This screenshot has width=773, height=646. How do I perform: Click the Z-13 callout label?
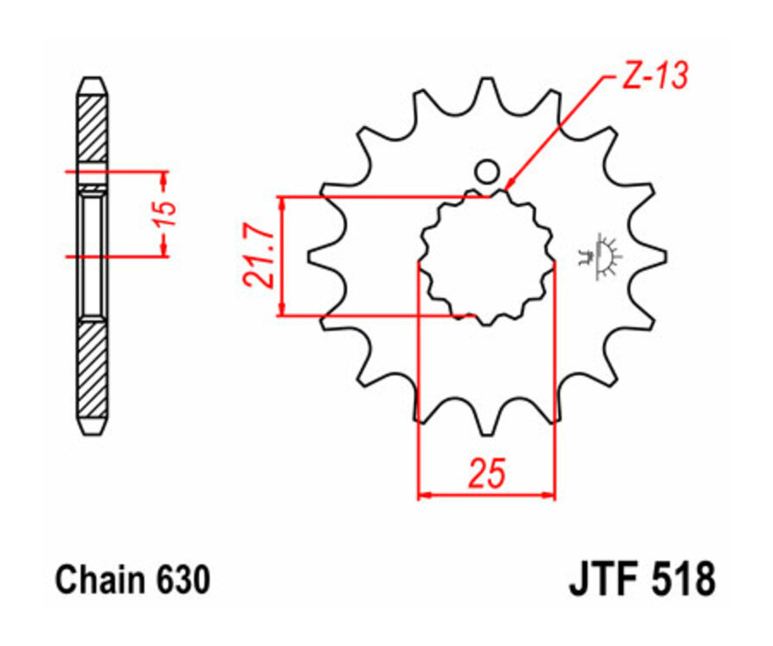click(653, 78)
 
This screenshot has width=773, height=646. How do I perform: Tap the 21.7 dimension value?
click(257, 256)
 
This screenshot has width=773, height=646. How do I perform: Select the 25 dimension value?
click(486, 473)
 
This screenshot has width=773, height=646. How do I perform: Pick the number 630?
click(182, 580)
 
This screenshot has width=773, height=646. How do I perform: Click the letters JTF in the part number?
click(604, 578)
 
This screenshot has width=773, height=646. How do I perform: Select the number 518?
click(681, 578)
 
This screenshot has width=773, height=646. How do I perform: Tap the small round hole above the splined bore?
click(487, 172)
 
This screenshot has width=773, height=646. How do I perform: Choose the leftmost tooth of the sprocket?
click(316, 256)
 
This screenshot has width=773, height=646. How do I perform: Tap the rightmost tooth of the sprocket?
click(658, 256)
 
